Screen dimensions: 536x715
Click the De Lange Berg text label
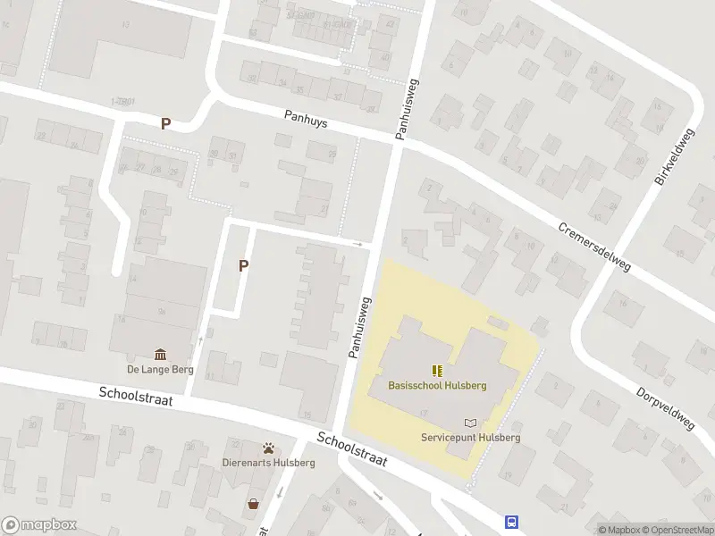click(159, 369)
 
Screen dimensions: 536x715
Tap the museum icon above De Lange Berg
click(160, 354)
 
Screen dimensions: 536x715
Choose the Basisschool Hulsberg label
click(437, 386)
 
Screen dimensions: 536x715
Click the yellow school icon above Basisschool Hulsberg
click(437, 370)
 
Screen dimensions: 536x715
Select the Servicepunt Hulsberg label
click(471, 438)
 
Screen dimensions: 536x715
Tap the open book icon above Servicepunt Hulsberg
click(471, 423)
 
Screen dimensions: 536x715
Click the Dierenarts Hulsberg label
click(268, 463)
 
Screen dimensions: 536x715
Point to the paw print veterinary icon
click(268, 448)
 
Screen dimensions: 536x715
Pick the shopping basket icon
click(254, 504)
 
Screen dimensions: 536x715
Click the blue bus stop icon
click(511, 523)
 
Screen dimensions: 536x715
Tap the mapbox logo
click(39, 525)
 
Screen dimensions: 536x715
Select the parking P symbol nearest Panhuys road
click(165, 124)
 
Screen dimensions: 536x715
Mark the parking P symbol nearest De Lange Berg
click(243, 265)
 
